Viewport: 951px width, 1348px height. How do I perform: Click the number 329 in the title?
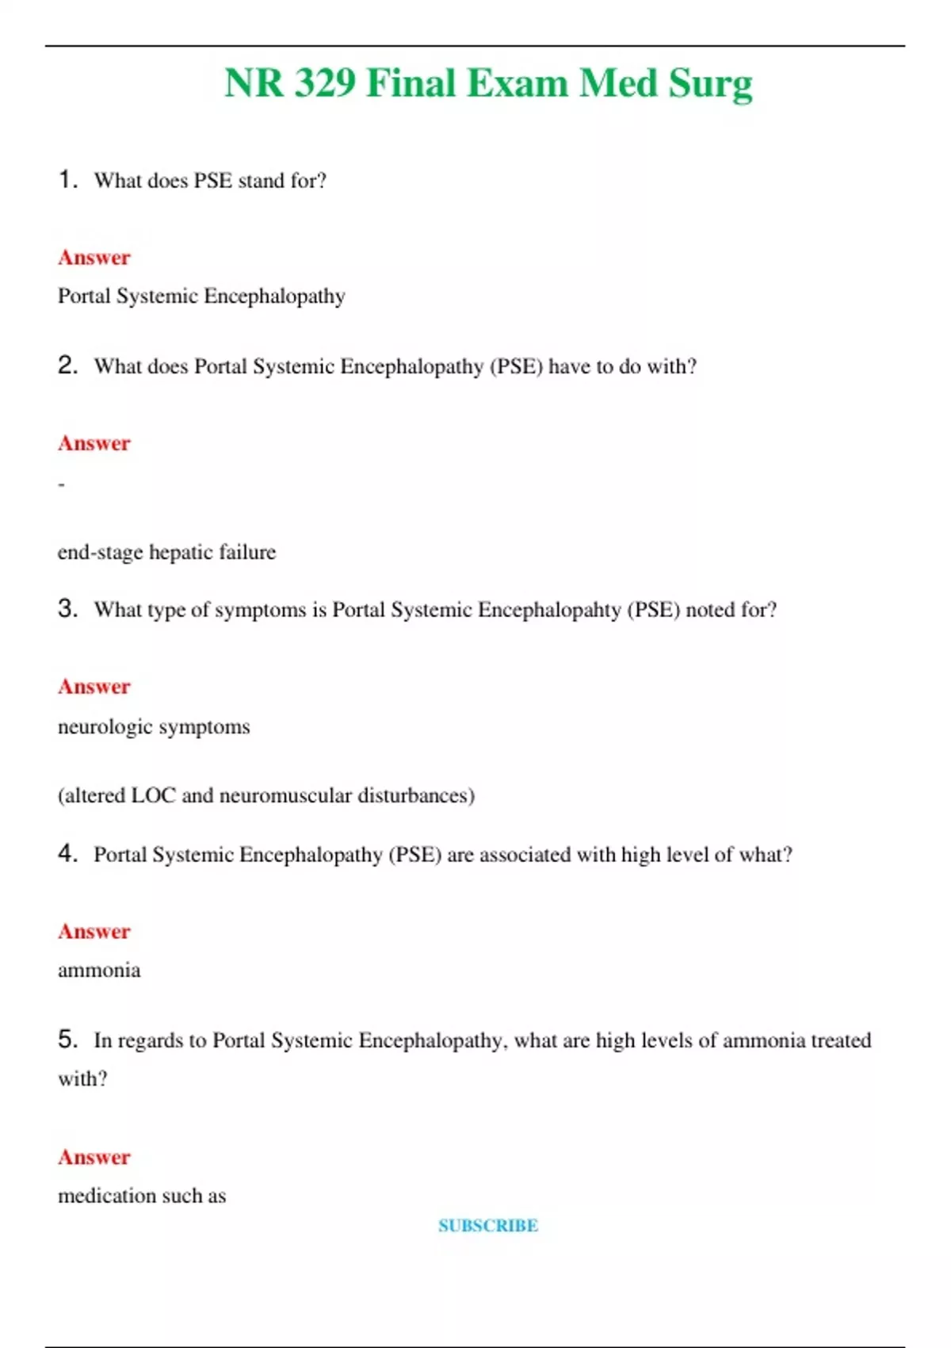pyautogui.click(x=325, y=83)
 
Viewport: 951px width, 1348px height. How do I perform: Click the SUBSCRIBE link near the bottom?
pyautogui.click(x=488, y=1225)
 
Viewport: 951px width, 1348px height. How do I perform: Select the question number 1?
pyautogui.click(x=67, y=180)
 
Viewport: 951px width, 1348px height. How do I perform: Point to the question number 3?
pyautogui.click(x=67, y=608)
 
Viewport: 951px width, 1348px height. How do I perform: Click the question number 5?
pyautogui.click(x=67, y=1039)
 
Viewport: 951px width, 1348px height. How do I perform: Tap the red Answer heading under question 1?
pyautogui.click(x=94, y=258)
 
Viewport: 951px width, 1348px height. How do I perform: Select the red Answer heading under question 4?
pyautogui.click(x=94, y=931)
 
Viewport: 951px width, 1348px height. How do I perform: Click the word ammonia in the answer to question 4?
pyautogui.click(x=99, y=971)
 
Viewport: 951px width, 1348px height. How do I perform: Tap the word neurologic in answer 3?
pyautogui.click(x=105, y=727)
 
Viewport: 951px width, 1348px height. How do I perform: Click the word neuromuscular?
pyautogui.click(x=285, y=795)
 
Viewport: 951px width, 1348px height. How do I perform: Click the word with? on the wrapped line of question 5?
pyautogui.click(x=82, y=1078)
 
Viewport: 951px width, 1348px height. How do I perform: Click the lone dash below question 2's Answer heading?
pyautogui.click(x=61, y=484)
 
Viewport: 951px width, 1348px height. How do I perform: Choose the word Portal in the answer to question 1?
pyautogui.click(x=84, y=297)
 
